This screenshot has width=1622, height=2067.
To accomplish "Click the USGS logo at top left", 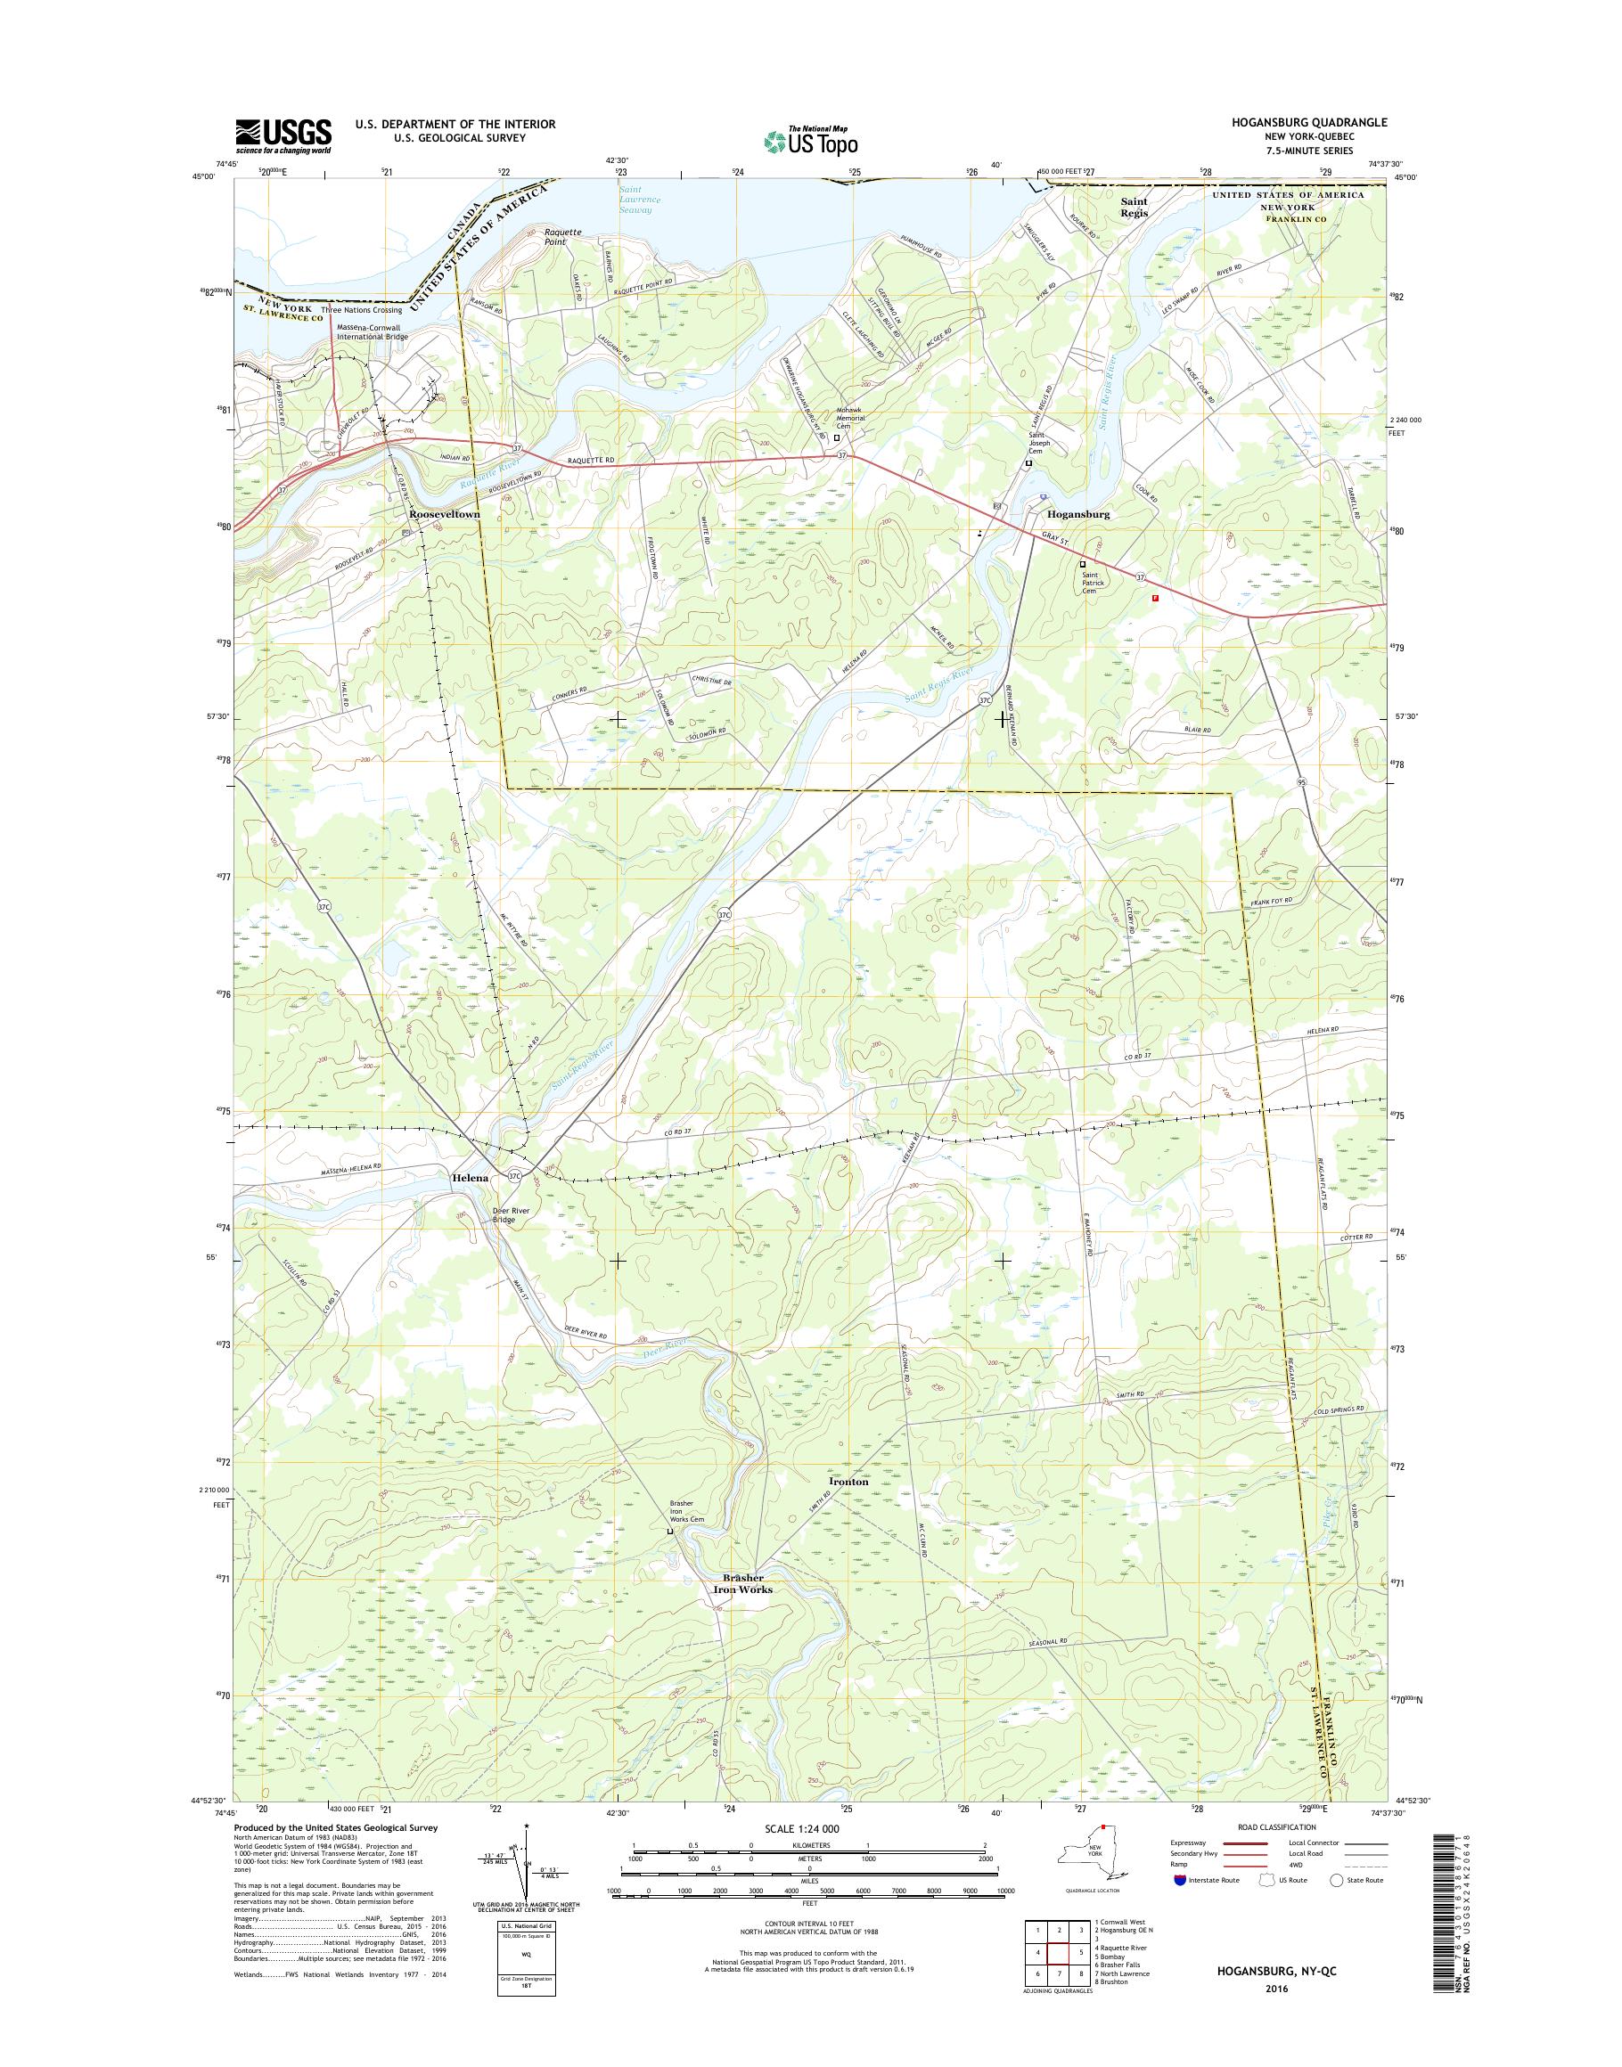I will coord(283,135).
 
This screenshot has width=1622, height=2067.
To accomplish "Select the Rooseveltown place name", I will coord(444,514).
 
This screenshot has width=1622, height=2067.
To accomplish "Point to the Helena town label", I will coord(469,1177).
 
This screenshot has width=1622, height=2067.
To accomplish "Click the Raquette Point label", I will coord(562,236).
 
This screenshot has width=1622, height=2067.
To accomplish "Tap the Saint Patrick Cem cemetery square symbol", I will coord(1083,564).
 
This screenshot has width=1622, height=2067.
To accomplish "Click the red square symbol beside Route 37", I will coord(1155,598).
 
